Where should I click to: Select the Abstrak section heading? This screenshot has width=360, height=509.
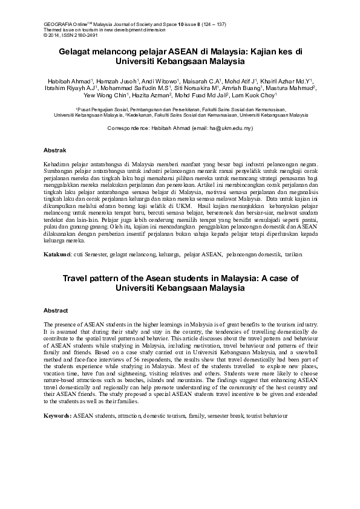55,149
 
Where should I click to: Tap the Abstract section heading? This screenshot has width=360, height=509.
56,310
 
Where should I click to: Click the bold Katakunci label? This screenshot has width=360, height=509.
57,254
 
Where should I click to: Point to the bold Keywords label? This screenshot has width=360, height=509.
57,417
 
